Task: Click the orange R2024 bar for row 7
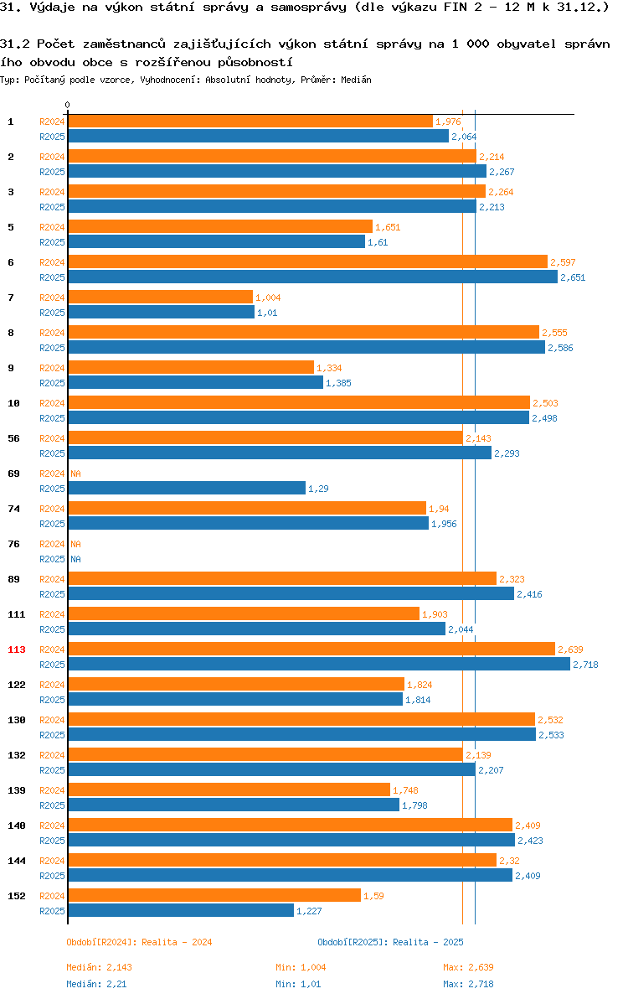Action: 160,297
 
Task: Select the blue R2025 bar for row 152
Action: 182,910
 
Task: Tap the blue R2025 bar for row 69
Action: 187,488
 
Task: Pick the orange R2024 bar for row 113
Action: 311,650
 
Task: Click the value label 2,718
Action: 585,665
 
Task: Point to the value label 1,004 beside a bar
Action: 268,298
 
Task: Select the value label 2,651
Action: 573,277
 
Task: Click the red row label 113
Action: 17,650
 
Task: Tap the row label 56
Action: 13,438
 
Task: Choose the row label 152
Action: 17,896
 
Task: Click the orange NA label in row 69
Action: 75,474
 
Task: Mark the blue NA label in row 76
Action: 75,559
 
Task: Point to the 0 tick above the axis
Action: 68,105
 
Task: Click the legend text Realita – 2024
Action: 177,942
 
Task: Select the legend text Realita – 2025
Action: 428,942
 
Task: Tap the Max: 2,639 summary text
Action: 468,967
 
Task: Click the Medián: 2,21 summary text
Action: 97,984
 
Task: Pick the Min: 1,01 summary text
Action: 298,984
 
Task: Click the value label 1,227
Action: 309,911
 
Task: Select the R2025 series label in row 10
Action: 52,418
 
